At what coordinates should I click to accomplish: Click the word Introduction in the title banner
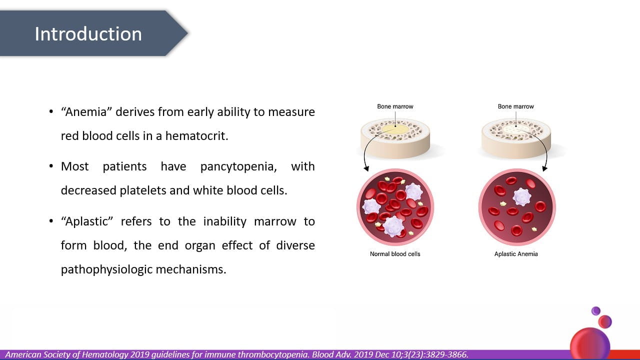click(88, 34)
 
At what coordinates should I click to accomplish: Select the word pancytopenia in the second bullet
click(238, 167)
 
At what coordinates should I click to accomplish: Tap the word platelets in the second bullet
click(143, 190)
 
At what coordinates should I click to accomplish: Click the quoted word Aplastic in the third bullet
click(87, 221)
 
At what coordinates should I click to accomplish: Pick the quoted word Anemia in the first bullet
click(86, 112)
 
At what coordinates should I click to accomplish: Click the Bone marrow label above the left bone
click(395, 106)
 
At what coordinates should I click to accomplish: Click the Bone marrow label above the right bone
click(515, 106)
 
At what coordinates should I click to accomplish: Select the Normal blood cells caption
click(395, 254)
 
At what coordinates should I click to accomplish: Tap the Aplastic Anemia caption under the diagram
click(516, 254)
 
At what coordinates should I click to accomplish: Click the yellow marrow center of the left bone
click(395, 129)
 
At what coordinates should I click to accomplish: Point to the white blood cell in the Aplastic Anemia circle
click(522, 197)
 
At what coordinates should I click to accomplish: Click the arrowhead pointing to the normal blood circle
click(366, 168)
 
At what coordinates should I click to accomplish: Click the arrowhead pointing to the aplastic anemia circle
click(544, 168)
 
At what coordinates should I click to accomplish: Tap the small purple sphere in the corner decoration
click(596, 311)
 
